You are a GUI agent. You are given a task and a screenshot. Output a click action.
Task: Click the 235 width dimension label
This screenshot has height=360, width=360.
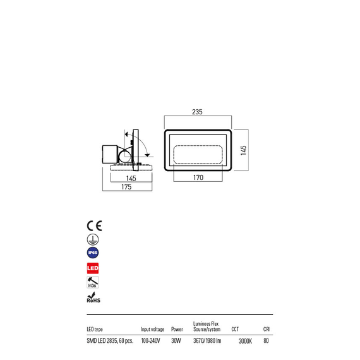[x=197, y=112]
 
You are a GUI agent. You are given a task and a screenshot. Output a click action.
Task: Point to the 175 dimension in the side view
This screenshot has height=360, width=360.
[x=127, y=188]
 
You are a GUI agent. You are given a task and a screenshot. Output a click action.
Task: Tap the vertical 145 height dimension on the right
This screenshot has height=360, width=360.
[x=243, y=151]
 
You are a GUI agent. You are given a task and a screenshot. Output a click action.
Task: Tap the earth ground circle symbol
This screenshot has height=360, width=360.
[x=92, y=239]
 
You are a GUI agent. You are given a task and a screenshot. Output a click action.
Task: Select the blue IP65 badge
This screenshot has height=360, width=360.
[x=93, y=253]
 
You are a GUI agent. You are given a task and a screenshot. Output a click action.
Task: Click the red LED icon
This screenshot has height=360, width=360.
[x=93, y=268]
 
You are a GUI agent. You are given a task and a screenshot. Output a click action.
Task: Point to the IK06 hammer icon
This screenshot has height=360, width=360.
[x=93, y=282]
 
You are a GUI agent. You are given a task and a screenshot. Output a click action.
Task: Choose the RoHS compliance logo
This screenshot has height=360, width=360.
[x=93, y=298]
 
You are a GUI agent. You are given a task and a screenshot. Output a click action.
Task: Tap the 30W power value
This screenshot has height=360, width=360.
[x=176, y=341]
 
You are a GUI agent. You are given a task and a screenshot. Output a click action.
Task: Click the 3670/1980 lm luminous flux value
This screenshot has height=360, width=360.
[x=207, y=341]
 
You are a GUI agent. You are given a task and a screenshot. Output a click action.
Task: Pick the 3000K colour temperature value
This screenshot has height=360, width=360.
[x=245, y=341]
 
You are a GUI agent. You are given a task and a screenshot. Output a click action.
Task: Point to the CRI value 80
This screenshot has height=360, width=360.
[x=266, y=341]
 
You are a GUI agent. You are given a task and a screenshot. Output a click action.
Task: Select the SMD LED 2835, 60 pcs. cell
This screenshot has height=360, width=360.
[x=109, y=341]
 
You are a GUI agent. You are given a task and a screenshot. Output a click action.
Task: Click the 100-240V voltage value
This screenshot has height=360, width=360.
[x=151, y=341]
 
